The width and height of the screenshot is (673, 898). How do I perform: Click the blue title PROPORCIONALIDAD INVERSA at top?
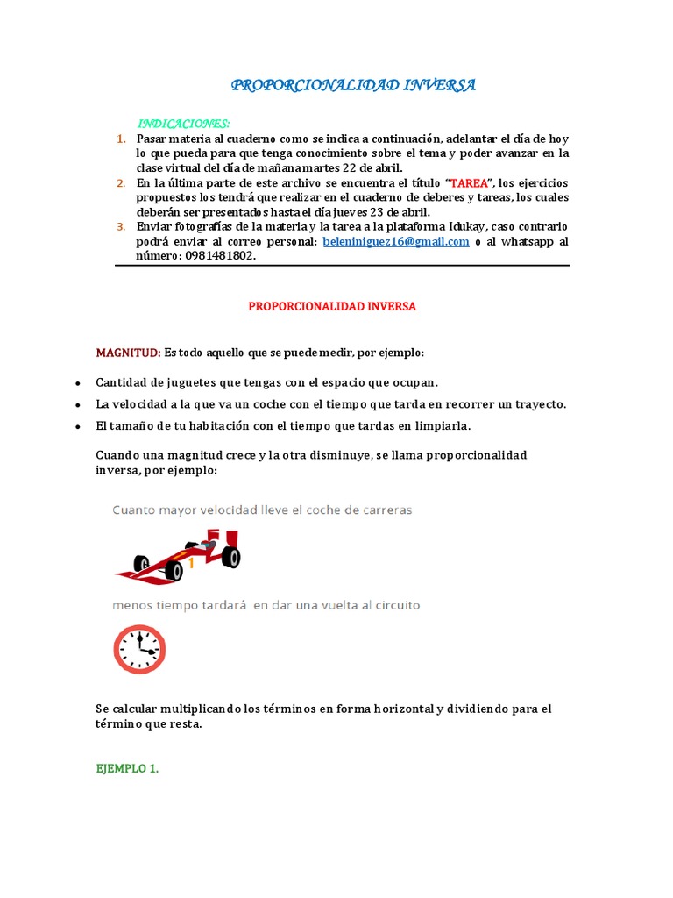[x=353, y=85]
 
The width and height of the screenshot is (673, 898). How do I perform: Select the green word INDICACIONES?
[x=184, y=124]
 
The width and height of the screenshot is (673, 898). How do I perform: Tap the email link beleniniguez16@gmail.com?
[x=396, y=241]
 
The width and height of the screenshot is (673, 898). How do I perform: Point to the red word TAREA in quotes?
[x=471, y=182]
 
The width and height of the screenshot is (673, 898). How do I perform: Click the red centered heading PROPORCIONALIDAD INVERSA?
[x=332, y=307]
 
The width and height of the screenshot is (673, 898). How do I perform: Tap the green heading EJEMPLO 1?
[x=127, y=768]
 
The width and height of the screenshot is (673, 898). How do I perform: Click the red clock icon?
[x=140, y=649]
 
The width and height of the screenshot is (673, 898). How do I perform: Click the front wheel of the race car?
[x=174, y=571]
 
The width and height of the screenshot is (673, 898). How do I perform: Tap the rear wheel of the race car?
[x=230, y=556]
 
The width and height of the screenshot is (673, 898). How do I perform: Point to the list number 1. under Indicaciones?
[x=122, y=139]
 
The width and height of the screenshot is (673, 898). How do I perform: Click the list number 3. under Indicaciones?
[x=122, y=227]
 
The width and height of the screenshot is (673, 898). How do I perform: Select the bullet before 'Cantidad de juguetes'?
[x=78, y=384]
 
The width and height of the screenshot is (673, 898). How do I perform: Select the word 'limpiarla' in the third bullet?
[x=442, y=425]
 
